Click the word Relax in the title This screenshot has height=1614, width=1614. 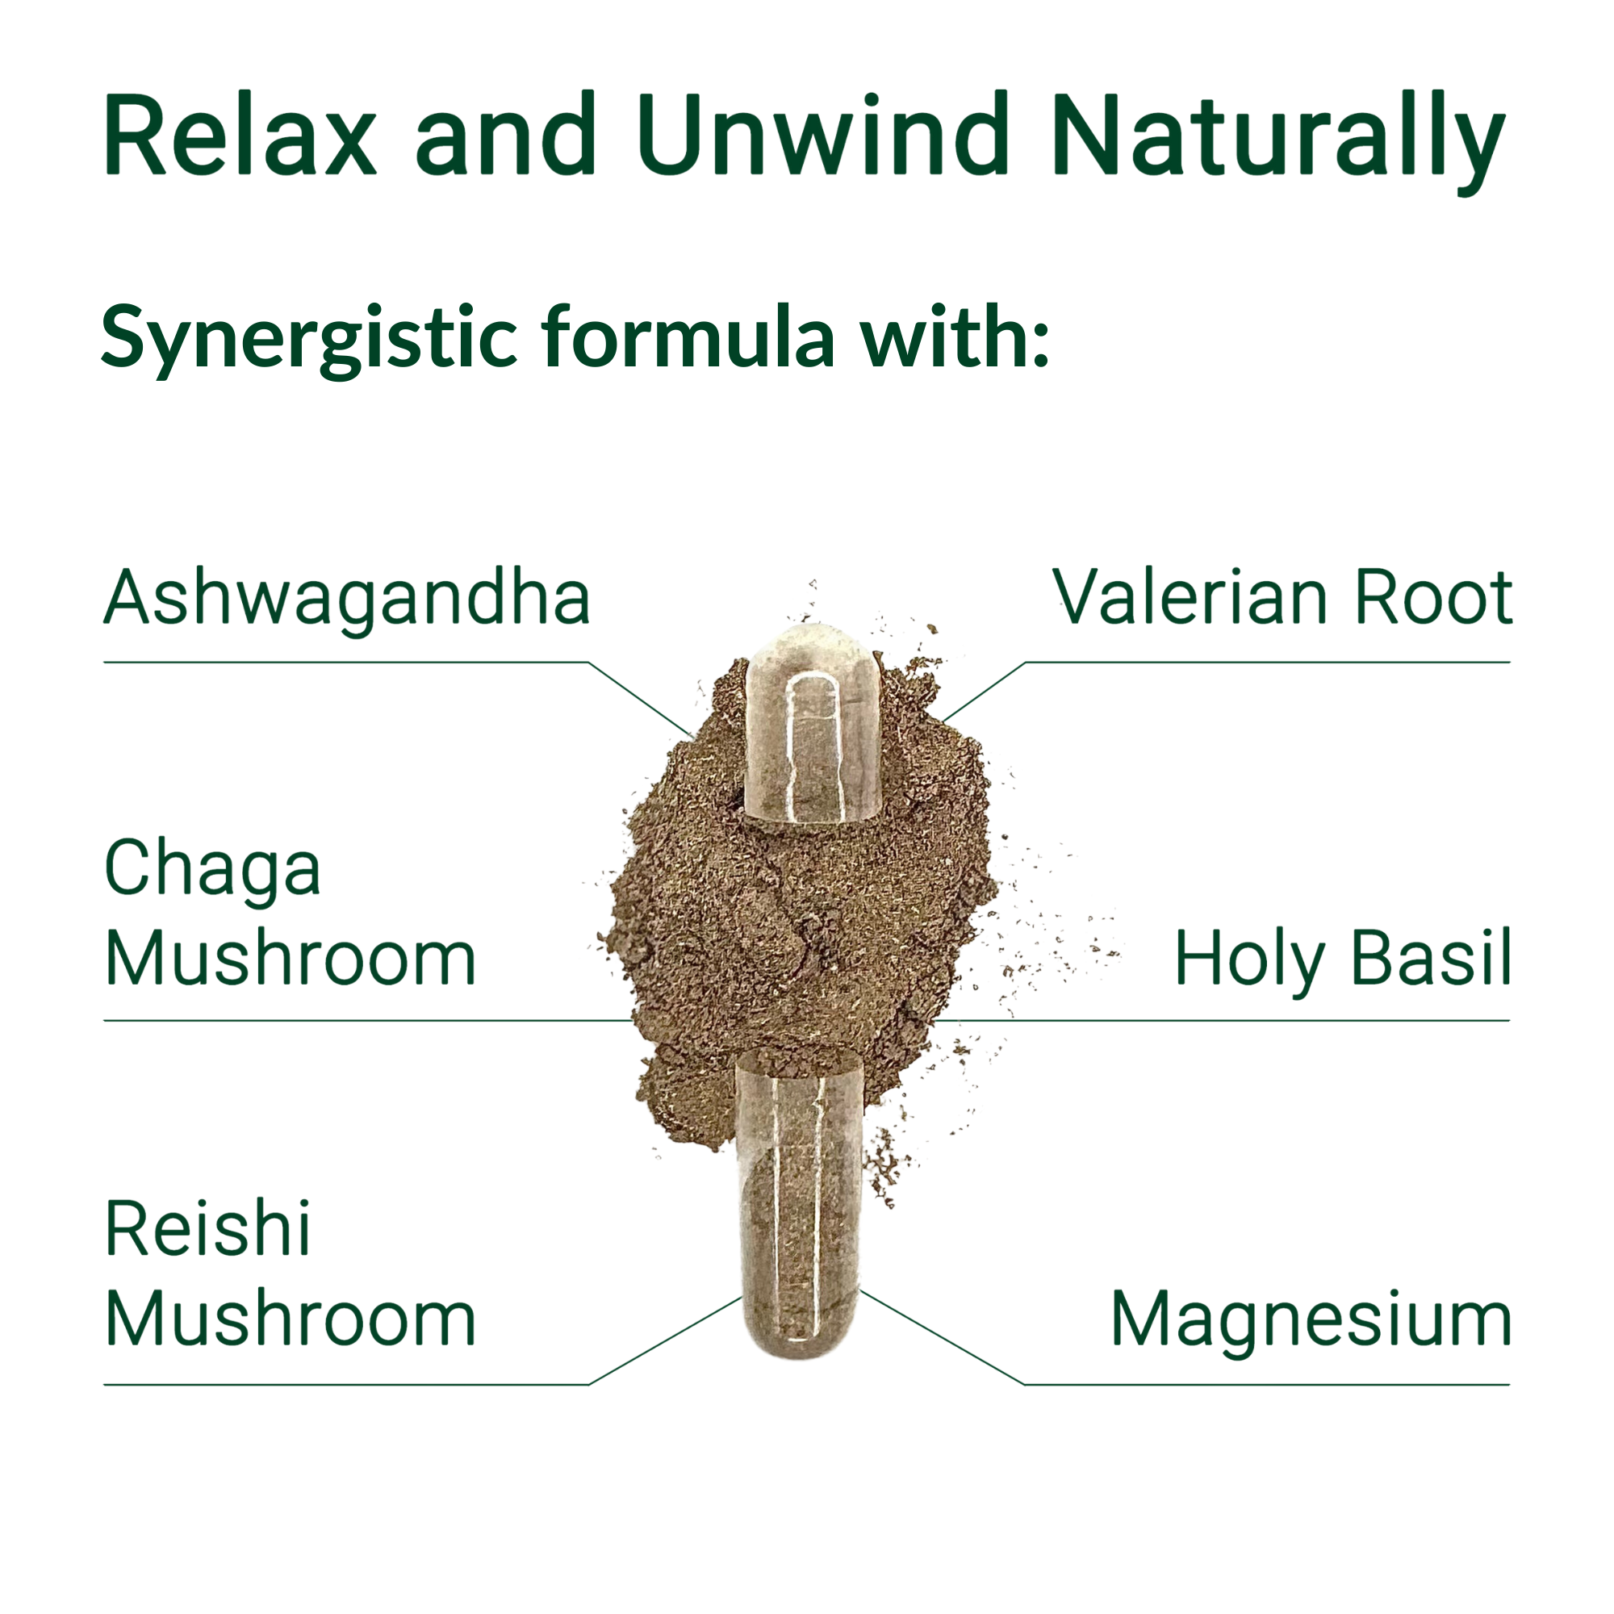point(240,135)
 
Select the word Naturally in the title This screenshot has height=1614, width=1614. point(1279,142)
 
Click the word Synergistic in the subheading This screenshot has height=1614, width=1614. point(309,340)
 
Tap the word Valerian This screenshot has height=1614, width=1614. point(1191,596)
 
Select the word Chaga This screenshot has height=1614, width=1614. point(212,872)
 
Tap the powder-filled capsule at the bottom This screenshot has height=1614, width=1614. point(799,1203)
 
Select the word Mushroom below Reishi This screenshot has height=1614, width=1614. point(291,1319)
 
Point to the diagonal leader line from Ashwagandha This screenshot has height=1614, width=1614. point(641,699)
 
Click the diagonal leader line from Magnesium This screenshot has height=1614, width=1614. point(943,1337)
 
